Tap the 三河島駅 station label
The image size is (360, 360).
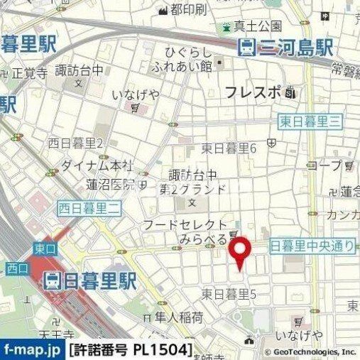(285, 48)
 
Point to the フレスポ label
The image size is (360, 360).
(253, 92)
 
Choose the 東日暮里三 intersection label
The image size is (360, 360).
(310, 121)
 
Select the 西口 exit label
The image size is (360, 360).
(16, 268)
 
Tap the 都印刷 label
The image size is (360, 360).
(188, 9)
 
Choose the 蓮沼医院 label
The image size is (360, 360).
(111, 185)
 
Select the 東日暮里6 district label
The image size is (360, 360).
(228, 148)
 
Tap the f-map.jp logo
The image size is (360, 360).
(32, 350)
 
